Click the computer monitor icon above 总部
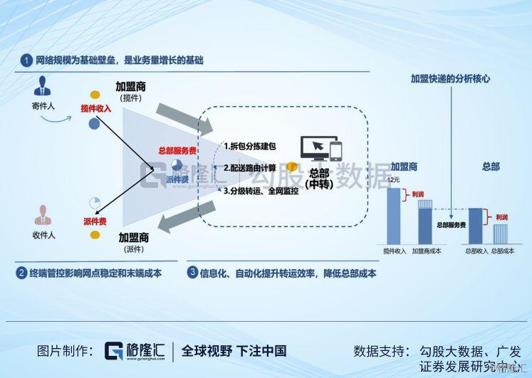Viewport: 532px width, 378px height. point(313,147)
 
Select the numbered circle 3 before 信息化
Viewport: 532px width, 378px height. point(192,272)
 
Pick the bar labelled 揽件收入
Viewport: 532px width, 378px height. point(394,214)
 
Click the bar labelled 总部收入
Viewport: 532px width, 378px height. point(476,226)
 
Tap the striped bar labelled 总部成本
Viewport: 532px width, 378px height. point(501,234)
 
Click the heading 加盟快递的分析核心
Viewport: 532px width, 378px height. point(451,79)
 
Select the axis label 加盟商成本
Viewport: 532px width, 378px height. point(427,251)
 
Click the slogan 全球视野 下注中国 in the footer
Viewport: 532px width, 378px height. point(234,350)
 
